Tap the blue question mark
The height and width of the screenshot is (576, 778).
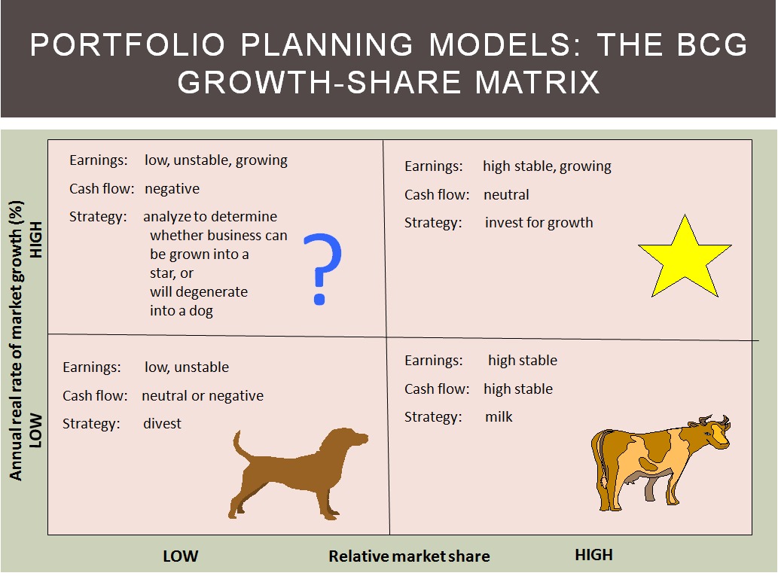322,268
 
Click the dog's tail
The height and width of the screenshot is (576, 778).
242,446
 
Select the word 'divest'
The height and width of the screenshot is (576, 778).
162,423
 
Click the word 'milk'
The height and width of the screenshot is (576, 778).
499,416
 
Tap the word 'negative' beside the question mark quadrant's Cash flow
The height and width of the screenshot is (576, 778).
172,188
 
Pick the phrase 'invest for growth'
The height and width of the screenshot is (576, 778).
538,223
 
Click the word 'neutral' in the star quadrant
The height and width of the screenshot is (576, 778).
506,194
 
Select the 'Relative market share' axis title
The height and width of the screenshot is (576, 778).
409,556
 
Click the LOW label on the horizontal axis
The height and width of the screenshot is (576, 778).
181,556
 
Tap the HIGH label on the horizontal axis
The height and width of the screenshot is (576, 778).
594,555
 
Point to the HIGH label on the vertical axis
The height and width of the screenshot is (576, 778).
35,239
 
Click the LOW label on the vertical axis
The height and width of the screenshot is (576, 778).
35,431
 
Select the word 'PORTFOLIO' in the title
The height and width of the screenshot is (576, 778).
128,44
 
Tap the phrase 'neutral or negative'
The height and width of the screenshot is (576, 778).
203,395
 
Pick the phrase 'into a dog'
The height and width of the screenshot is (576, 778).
181,310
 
